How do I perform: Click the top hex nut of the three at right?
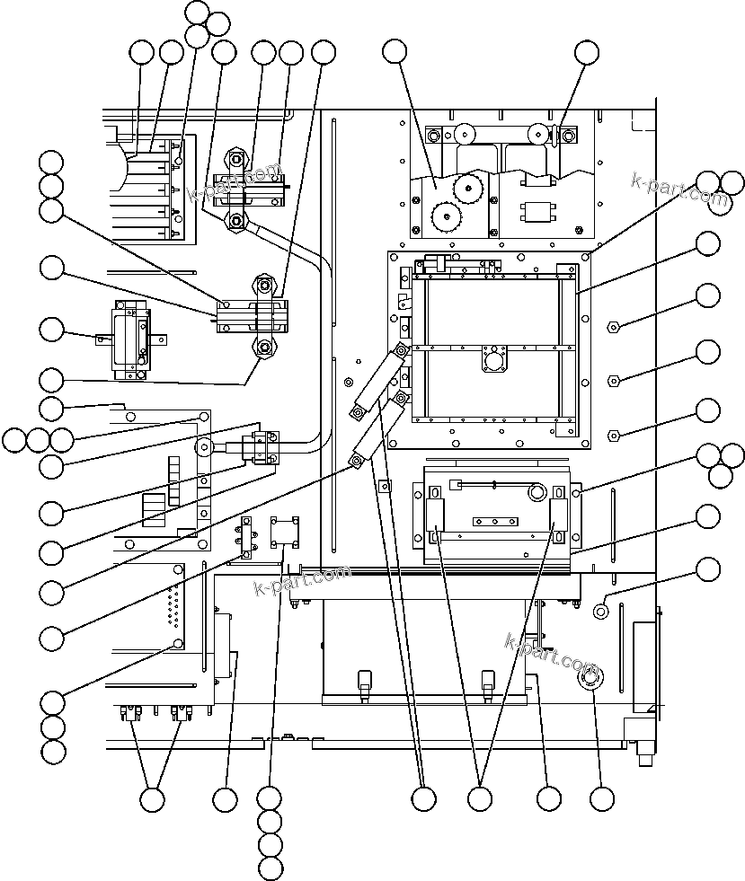[x=613, y=326]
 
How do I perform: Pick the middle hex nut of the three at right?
[x=613, y=380]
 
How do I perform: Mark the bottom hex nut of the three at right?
[x=613, y=436]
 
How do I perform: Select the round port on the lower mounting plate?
[x=537, y=492]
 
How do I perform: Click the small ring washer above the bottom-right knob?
[x=602, y=611]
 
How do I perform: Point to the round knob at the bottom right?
[x=592, y=680]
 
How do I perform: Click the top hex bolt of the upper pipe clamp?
[x=236, y=160]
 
